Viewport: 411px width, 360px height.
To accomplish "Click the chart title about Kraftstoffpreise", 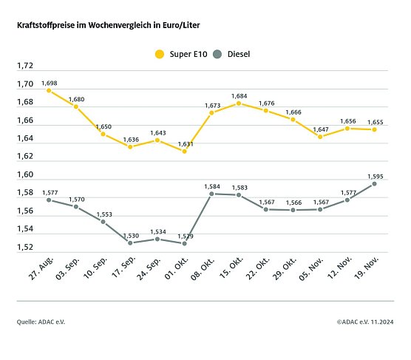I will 108,25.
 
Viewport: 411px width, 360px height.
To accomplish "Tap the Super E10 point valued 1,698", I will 49,90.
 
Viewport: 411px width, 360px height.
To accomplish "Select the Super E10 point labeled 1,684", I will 239,103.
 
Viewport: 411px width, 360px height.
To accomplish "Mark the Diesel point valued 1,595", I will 374,183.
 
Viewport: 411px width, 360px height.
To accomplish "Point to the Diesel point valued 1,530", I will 130,242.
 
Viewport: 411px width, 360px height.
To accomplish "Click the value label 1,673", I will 213,105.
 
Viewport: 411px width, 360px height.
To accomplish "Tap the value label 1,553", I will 104,214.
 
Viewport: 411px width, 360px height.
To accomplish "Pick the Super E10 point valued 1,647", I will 320,137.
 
